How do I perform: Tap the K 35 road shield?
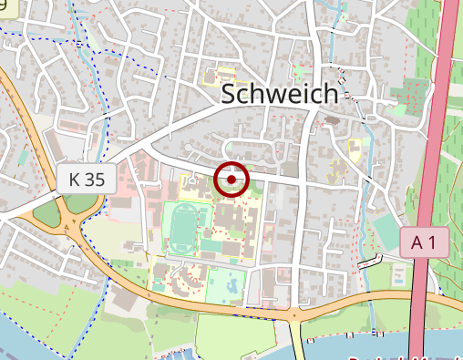(x=87, y=179)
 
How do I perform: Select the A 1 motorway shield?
(x=424, y=242)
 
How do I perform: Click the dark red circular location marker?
(x=232, y=180)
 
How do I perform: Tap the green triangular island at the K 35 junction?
(x=46, y=215)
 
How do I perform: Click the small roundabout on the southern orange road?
(x=293, y=316)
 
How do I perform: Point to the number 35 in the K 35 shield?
(x=95, y=179)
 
